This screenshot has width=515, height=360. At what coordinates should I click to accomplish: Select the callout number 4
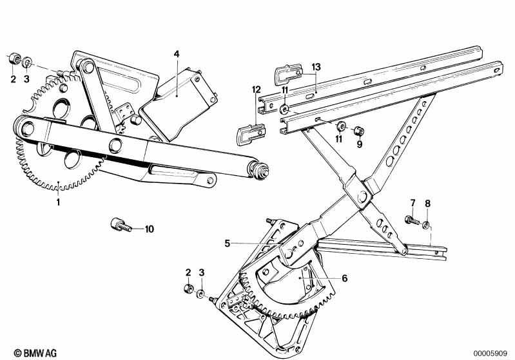[175, 54]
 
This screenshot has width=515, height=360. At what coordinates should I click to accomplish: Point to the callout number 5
[227, 243]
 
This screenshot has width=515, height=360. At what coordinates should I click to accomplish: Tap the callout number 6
[344, 278]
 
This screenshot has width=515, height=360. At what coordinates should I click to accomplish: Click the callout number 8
[427, 205]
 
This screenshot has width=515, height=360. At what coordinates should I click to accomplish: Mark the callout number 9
[360, 144]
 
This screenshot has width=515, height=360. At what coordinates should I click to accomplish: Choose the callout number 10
[150, 229]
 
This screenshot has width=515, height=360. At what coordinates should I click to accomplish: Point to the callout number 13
[316, 68]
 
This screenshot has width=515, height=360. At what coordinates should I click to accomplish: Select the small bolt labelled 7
[411, 220]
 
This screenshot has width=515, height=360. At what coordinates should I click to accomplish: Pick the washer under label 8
[426, 224]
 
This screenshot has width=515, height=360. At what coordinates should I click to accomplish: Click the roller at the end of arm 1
[261, 172]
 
